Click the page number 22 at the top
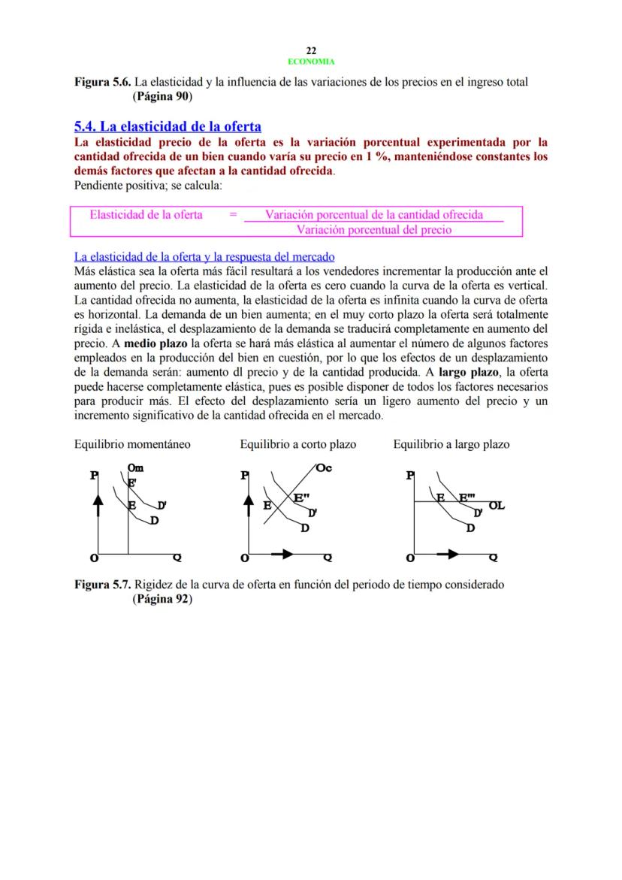coord(311,50)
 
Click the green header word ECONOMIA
coord(311,62)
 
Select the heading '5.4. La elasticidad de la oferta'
coord(167,126)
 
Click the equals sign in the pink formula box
coord(233,215)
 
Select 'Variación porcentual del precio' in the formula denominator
coord(374,230)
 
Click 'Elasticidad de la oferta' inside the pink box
coord(146,215)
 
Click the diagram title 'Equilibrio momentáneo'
coord(132,444)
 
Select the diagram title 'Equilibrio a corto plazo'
coord(297,444)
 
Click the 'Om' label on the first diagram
coord(136,467)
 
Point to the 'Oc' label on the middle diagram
coord(324,468)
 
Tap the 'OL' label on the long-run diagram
coord(497,506)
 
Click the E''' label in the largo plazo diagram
coord(468,497)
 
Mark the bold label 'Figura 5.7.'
coord(102,585)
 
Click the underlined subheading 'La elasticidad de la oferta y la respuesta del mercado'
coord(204,257)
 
